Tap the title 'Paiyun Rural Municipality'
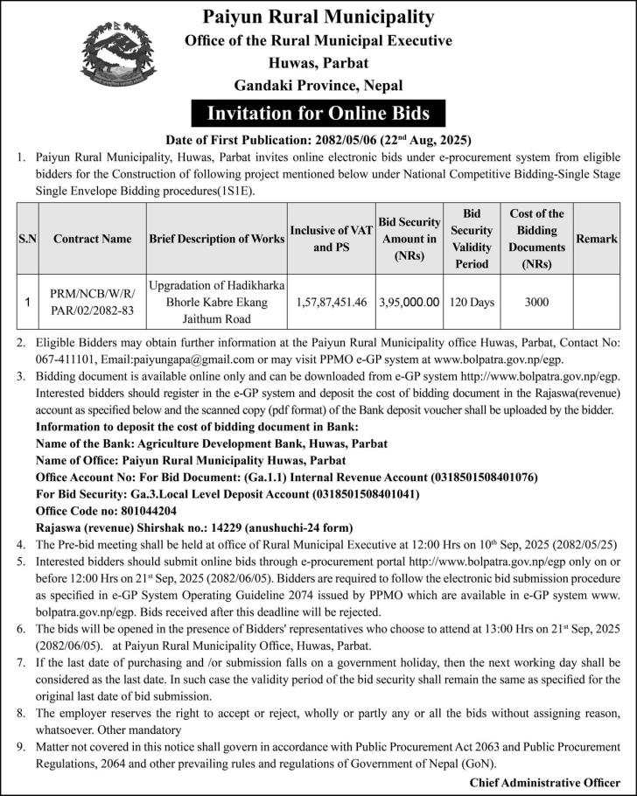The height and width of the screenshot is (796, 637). (318, 17)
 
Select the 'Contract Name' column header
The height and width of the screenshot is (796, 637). (93, 238)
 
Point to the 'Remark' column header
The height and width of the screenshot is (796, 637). (596, 238)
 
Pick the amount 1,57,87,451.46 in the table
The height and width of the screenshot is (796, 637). (331, 302)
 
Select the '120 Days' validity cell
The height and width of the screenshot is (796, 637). (472, 302)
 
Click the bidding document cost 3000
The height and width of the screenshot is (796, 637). (536, 302)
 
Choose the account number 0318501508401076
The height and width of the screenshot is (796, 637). (485, 478)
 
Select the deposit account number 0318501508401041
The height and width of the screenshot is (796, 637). (366, 494)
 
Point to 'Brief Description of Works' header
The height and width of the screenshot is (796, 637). (216, 238)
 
